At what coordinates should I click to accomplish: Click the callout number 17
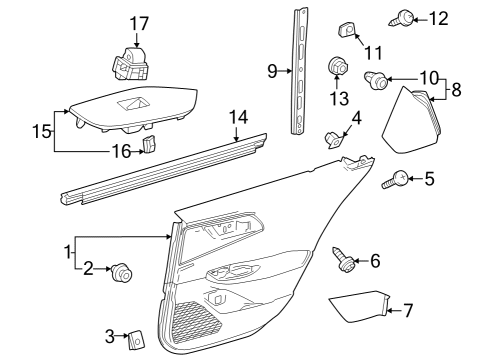(x=138, y=22)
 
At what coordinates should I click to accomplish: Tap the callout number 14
(x=237, y=118)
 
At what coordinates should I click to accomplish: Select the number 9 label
(x=272, y=71)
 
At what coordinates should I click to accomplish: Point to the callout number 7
(x=407, y=310)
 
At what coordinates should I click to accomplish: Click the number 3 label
(x=110, y=335)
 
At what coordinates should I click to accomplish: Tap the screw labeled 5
(x=396, y=181)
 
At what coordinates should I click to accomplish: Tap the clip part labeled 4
(x=337, y=137)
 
